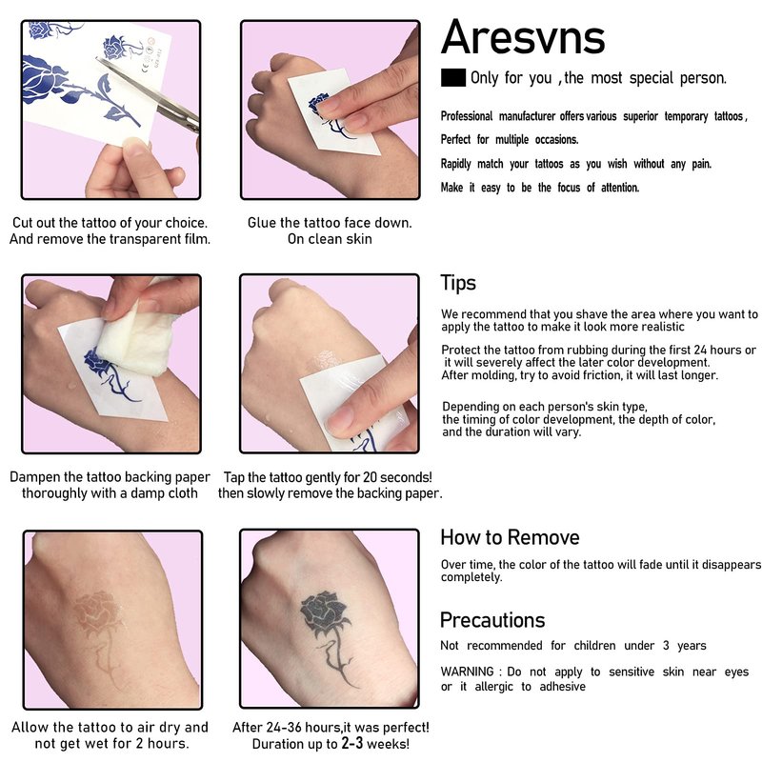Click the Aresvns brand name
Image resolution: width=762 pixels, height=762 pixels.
point(523,37)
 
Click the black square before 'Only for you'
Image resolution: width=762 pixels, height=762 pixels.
point(453,78)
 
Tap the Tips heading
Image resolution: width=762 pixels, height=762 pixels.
point(458,283)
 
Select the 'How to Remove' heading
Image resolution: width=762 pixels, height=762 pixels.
point(510,537)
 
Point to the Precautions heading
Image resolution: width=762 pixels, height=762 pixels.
point(492,620)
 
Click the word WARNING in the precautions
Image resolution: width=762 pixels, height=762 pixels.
point(467,672)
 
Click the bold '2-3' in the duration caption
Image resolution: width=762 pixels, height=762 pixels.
point(351,743)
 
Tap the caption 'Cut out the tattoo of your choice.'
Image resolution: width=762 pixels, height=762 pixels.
point(110,223)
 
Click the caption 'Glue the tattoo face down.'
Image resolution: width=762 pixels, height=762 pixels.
point(330,223)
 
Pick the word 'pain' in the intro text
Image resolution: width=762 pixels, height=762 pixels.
point(701,164)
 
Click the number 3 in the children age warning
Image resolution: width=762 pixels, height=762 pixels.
point(666,646)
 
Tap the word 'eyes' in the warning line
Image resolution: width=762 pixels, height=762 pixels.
point(736,672)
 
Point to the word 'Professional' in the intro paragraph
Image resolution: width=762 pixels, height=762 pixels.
point(467,116)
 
